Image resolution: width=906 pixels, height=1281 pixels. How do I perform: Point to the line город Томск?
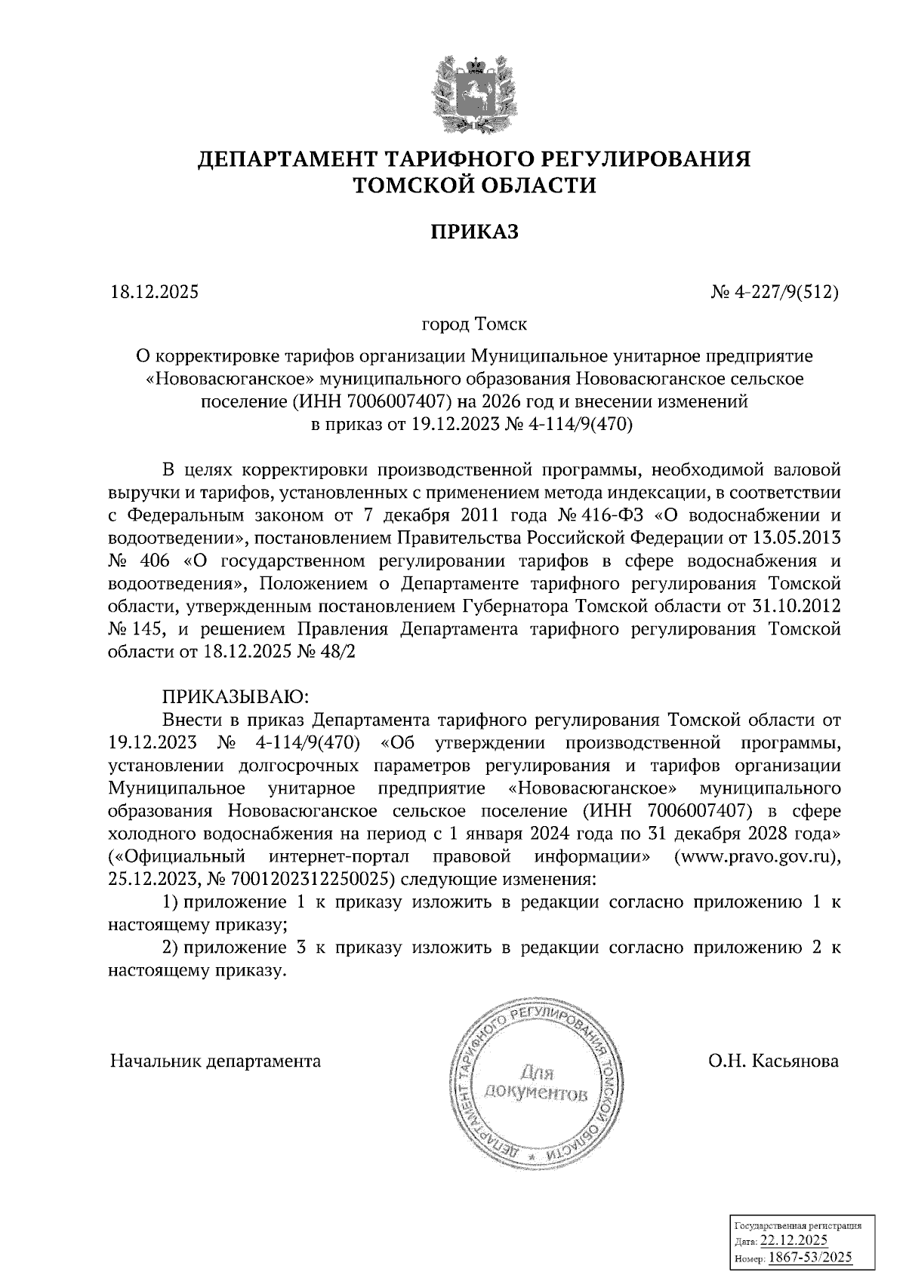point(474,324)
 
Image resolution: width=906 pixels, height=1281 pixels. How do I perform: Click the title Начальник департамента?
point(215,1061)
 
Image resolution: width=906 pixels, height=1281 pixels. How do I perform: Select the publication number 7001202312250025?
point(303,879)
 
